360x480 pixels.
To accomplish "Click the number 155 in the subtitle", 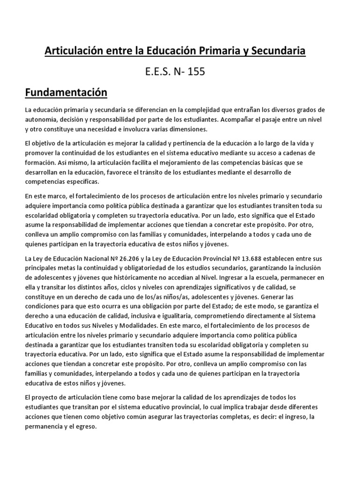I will (x=196, y=72).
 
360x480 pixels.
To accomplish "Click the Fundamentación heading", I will (x=66, y=92).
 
